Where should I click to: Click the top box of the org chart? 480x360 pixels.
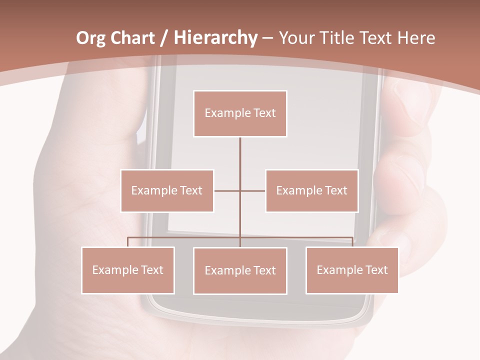pyautogui.click(x=240, y=113)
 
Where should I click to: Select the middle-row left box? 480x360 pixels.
pyautogui.click(x=167, y=190)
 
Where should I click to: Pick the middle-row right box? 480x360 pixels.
pyautogui.click(x=311, y=190)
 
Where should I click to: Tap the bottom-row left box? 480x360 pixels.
pyautogui.click(x=128, y=270)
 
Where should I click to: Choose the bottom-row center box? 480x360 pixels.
pyautogui.click(x=240, y=270)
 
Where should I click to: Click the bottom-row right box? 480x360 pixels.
pyautogui.click(x=352, y=270)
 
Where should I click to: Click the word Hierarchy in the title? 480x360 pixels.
pyautogui.click(x=215, y=38)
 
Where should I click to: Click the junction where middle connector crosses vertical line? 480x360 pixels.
pyautogui.click(x=240, y=190)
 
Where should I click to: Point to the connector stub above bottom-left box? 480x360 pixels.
pyautogui.click(x=128, y=242)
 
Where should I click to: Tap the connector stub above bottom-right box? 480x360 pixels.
pyautogui.click(x=352, y=242)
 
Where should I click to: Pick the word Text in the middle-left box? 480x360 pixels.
pyautogui.click(x=190, y=190)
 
